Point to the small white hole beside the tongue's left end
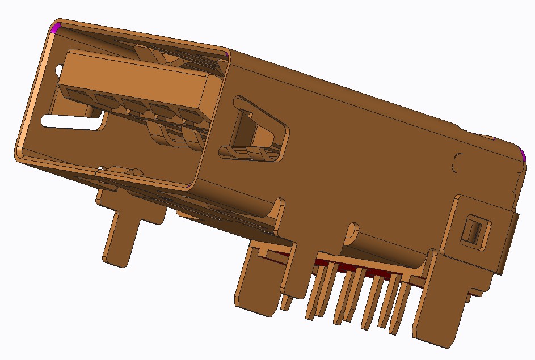(x=58, y=70)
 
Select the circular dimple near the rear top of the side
(x=458, y=162)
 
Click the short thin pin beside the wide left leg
(x=287, y=303)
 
